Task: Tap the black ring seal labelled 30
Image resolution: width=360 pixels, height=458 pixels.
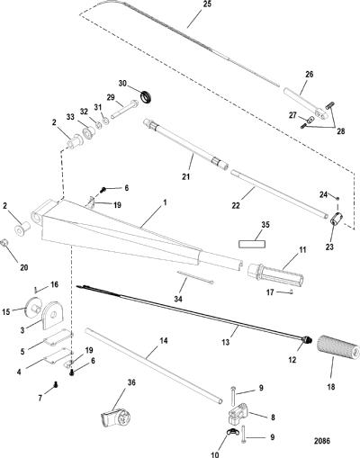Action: tap(147, 96)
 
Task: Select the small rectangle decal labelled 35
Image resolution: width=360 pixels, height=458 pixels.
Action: tap(252, 244)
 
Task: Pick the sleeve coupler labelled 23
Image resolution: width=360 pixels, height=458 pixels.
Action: tap(337, 218)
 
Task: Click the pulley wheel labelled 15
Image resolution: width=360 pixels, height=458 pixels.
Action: tap(32, 307)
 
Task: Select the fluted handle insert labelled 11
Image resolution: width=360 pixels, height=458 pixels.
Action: tap(275, 274)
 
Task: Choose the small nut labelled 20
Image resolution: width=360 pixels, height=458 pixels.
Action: tap(4, 243)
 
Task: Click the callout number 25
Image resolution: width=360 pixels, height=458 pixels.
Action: tap(207, 4)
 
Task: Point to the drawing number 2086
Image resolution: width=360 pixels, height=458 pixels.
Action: tap(322, 441)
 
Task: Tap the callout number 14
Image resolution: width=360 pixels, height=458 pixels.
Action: tap(164, 341)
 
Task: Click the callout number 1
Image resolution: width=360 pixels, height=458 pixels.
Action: tap(165, 203)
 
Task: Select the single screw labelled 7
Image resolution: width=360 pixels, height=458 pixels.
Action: tap(55, 385)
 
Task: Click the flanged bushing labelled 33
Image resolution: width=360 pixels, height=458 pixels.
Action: tap(88, 132)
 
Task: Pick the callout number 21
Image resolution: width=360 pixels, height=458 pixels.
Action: tap(186, 176)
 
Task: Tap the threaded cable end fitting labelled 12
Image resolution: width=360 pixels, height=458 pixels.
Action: tap(306, 340)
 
